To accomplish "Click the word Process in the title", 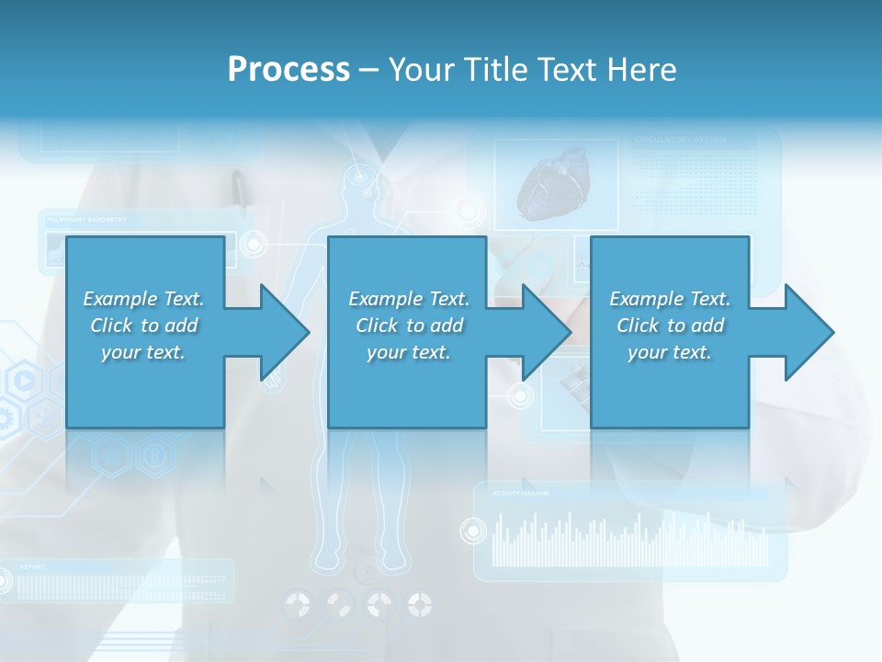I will [x=288, y=70].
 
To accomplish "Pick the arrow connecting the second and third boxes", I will [x=537, y=332].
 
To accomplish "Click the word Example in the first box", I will [x=120, y=299].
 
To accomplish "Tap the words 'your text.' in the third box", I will [x=669, y=352].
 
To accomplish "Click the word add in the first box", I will [x=181, y=325].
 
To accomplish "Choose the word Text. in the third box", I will [x=708, y=299].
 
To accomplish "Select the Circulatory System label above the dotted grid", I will [x=680, y=141].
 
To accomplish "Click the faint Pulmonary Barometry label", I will [x=86, y=221].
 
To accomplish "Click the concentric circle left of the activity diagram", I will [x=473, y=531].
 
